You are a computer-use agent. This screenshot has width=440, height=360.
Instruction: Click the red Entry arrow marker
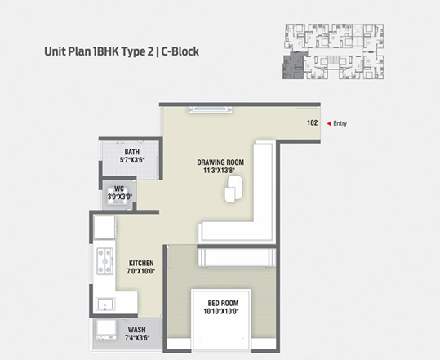pyautogui.click(x=329, y=123)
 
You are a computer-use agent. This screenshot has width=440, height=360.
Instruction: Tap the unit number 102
pyautogui.click(x=313, y=122)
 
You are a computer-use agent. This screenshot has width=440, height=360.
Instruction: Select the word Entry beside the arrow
pyautogui.click(x=340, y=123)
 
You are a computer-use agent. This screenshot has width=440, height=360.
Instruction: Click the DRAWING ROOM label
pyautogui.click(x=220, y=162)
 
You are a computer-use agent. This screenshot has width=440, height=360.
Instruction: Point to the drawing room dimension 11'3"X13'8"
pyautogui.click(x=219, y=170)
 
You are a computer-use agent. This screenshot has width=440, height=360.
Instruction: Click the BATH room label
pyautogui.click(x=132, y=152)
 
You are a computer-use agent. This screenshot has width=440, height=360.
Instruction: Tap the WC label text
pyautogui.click(x=119, y=189)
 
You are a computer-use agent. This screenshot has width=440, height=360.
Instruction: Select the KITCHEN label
pyautogui.click(x=141, y=263)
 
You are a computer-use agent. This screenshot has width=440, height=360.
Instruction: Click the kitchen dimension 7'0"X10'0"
pyautogui.click(x=141, y=271)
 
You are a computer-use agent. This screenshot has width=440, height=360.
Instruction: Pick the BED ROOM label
pyautogui.click(x=223, y=303)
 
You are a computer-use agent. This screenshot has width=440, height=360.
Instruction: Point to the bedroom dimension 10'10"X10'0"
pyautogui.click(x=221, y=311)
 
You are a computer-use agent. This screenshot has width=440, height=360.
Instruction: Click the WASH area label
pyautogui.click(x=136, y=330)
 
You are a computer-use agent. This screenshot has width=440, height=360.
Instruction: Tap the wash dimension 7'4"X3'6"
pyautogui.click(x=137, y=337)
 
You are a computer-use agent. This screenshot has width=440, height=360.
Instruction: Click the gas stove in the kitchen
pyautogui.click(x=105, y=261)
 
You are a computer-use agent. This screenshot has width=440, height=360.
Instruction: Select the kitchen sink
pyautogui.click(x=105, y=304)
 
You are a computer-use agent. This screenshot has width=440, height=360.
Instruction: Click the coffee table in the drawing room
pyautogui.click(x=233, y=189)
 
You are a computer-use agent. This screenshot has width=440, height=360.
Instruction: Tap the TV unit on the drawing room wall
pyautogui.click(x=210, y=109)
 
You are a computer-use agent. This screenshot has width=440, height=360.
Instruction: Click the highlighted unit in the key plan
pyautogui.click(x=293, y=65)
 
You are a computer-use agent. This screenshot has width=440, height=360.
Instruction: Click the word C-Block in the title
pyautogui.click(x=180, y=51)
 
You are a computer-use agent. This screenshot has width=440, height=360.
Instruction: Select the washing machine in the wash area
pyautogui.click(x=106, y=329)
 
